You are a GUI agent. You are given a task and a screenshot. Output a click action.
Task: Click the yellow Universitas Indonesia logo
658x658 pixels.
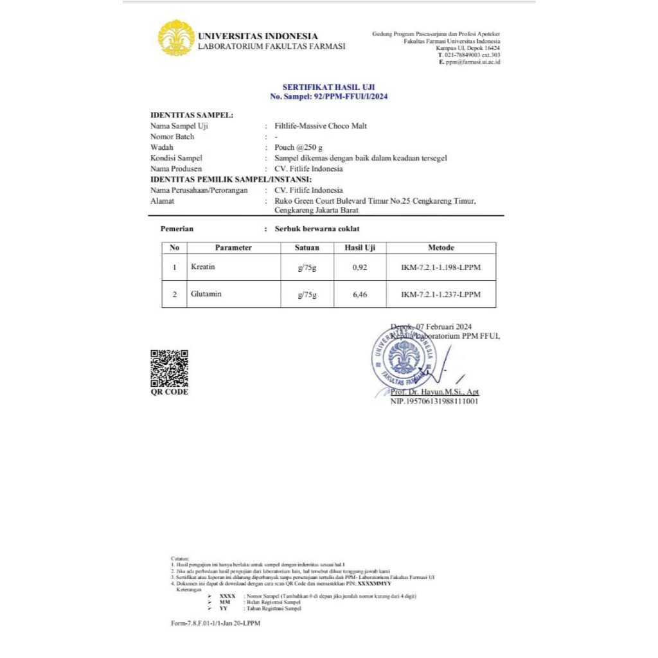pos(176,38)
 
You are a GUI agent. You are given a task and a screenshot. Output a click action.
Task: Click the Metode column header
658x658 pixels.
pos(441,247)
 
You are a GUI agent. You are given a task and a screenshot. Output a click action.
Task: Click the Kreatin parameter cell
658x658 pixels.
pos(203,266)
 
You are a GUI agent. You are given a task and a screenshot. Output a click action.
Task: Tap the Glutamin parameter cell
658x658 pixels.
pos(206,294)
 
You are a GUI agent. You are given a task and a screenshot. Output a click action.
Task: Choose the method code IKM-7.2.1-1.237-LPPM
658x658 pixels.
pos(441,295)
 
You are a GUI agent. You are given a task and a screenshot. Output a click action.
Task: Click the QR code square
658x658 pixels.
pos(169,368)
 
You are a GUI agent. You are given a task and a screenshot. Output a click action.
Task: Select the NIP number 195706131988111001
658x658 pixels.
pos(434,402)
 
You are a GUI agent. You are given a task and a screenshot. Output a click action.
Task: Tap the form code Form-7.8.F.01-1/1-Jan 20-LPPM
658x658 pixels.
pos(216,623)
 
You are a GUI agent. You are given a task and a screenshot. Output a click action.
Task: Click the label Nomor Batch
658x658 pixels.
pos(172,137)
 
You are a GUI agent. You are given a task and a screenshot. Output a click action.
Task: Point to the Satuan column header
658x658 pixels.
pos(307,247)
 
